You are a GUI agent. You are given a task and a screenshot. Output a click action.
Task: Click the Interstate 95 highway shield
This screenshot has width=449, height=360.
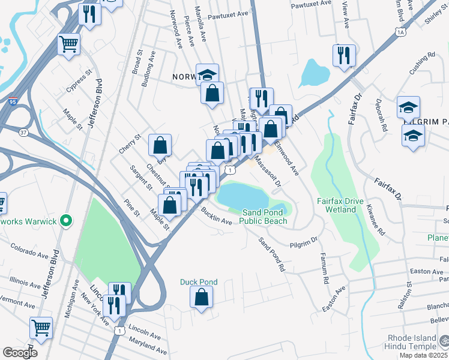point(13,101)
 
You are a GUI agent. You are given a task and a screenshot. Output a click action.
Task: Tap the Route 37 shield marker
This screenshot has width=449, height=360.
point(23,131)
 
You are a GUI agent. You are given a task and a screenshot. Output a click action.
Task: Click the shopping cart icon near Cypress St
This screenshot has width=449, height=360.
point(69,44)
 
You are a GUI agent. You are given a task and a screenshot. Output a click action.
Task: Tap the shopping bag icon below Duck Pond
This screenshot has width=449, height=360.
point(202,296)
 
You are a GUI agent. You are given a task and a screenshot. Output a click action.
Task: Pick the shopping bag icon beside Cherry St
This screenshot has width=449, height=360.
point(160,145)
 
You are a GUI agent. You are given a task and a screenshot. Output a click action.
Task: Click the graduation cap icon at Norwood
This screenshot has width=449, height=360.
point(207,74)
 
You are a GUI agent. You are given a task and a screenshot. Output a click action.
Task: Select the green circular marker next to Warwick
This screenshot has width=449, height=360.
point(67,221)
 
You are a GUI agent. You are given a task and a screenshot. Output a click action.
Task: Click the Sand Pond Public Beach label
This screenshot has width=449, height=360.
point(264,217)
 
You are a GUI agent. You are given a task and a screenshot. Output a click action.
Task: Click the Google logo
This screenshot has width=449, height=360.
point(19,352)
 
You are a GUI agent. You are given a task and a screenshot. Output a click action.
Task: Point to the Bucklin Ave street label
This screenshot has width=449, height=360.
point(217,217)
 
